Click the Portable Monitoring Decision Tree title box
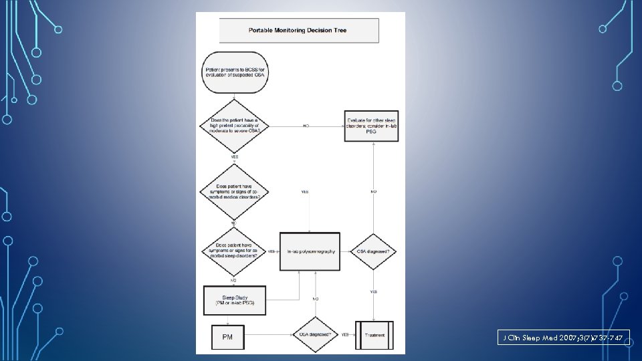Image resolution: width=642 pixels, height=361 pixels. click(x=298, y=30)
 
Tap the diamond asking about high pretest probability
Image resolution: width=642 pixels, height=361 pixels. click(x=234, y=126)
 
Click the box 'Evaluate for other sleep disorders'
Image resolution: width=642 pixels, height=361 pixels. click(x=372, y=126)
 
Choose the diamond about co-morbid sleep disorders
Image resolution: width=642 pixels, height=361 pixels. click(x=233, y=251)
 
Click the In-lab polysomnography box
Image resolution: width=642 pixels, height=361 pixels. click(x=309, y=251)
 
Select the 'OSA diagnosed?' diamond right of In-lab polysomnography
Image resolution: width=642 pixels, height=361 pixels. click(x=373, y=251)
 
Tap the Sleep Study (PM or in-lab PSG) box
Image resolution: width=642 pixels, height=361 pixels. click(x=234, y=300)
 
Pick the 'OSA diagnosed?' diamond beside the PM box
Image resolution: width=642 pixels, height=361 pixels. click(x=315, y=335)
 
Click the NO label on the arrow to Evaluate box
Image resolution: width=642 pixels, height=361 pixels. click(x=306, y=126)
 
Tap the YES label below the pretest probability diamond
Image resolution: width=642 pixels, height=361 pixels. click(x=234, y=157)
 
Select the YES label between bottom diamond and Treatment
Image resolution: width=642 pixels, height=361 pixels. click(x=345, y=335)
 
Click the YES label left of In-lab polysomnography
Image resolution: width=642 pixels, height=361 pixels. click(x=272, y=251)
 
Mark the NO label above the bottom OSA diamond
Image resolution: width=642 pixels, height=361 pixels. click(x=315, y=298)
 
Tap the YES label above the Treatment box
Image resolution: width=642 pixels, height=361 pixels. click(x=373, y=291)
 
